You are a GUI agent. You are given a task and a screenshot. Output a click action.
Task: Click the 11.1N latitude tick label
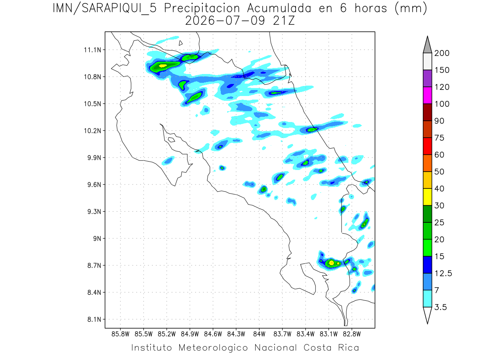[x=92, y=50]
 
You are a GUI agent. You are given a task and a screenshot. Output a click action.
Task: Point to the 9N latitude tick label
[x=97, y=238]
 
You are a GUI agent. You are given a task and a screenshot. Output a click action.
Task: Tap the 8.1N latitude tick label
[x=94, y=319]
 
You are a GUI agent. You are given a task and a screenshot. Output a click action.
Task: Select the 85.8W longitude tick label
[x=120, y=334]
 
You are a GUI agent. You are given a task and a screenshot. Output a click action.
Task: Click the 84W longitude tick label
[x=259, y=334]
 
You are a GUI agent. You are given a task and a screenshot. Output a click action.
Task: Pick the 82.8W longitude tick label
[x=352, y=334]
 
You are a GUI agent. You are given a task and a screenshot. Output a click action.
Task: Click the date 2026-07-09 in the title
[x=225, y=21]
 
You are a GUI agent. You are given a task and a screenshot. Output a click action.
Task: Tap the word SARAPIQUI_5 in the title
[x=119, y=8]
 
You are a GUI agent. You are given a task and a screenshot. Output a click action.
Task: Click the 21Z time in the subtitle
[x=284, y=21]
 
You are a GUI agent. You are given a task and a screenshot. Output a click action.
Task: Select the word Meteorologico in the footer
[x=213, y=348]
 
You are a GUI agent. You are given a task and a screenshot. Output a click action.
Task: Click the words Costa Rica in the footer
[x=331, y=348]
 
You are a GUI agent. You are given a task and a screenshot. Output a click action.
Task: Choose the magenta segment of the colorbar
[x=427, y=95]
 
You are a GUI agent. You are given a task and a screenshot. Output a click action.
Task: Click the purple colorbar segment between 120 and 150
[x=427, y=78]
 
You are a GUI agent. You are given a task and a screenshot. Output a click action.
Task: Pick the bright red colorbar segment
[x=427, y=146]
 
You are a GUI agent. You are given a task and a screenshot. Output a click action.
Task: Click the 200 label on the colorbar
[x=442, y=53]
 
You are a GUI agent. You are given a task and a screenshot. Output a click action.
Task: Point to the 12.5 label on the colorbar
[x=443, y=274]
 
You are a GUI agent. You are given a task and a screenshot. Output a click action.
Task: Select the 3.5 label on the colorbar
[x=440, y=307]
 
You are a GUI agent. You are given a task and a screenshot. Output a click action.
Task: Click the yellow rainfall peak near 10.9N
[x=163, y=66]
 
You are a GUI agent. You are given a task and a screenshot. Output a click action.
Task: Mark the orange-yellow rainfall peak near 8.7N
[x=332, y=263]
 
